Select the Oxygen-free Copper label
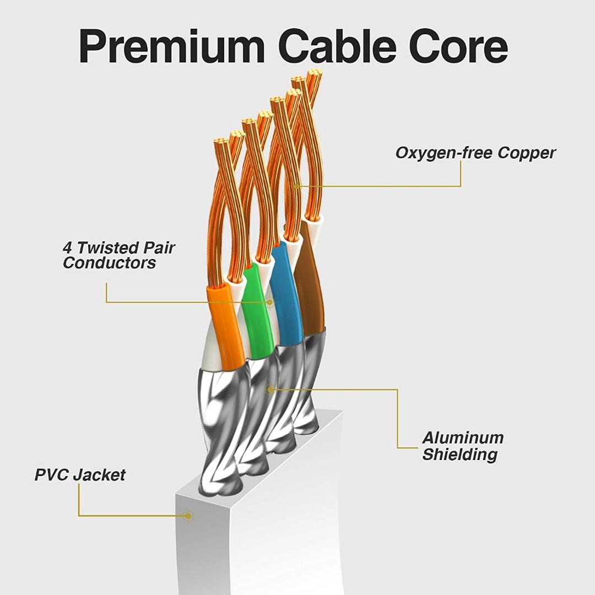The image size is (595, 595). [x=475, y=153]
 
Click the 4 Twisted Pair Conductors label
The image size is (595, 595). [x=118, y=255]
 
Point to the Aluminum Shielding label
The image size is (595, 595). [x=463, y=446]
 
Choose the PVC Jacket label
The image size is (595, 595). [x=80, y=475]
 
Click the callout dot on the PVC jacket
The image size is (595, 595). [x=188, y=516]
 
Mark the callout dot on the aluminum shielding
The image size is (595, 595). [x=270, y=390]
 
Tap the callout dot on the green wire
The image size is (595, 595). [x=269, y=302]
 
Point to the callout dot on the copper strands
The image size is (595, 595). [x=297, y=186]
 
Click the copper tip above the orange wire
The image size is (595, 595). [x=221, y=142]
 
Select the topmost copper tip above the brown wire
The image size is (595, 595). [x=314, y=73]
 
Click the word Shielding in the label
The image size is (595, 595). [x=459, y=455]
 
